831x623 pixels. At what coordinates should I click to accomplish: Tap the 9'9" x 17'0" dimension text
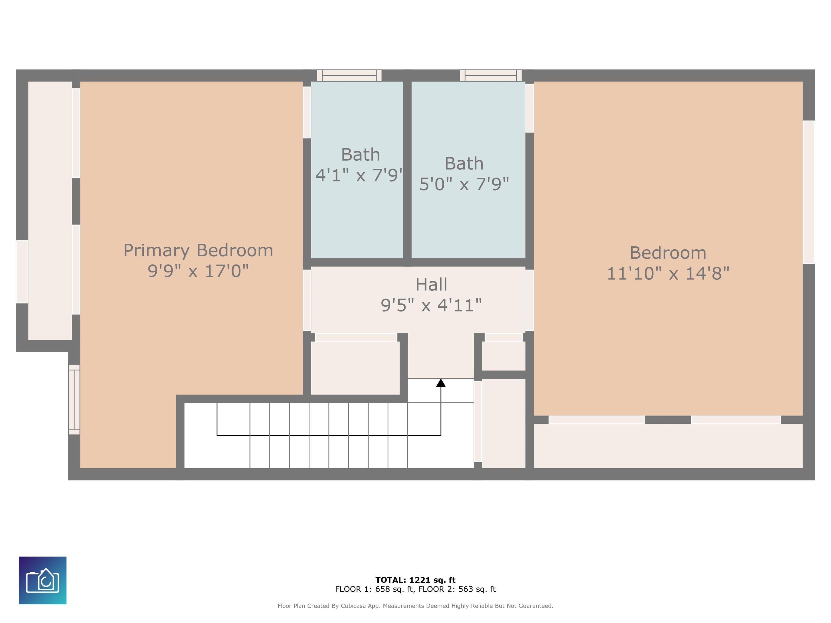click(198, 271)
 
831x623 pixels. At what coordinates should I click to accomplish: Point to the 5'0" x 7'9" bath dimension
click(464, 184)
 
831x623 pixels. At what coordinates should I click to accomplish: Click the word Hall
click(431, 285)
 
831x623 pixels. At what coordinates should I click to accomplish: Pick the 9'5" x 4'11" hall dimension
click(431, 305)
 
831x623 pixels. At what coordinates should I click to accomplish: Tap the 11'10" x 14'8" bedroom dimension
click(668, 273)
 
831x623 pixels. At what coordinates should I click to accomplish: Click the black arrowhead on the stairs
click(441, 383)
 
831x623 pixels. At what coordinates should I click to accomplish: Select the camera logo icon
click(42, 580)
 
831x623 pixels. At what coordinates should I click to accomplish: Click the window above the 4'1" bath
click(349, 75)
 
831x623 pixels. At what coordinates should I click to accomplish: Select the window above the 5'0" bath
click(491, 75)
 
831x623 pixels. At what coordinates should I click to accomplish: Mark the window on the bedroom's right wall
click(809, 192)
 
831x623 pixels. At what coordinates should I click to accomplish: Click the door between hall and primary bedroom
click(307, 300)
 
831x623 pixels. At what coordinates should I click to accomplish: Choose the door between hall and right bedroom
click(529, 300)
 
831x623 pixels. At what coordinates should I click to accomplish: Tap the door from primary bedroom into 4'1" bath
click(307, 112)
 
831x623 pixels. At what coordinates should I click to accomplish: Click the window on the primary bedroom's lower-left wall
click(74, 400)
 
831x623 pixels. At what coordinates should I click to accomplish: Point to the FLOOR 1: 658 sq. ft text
click(375, 589)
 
